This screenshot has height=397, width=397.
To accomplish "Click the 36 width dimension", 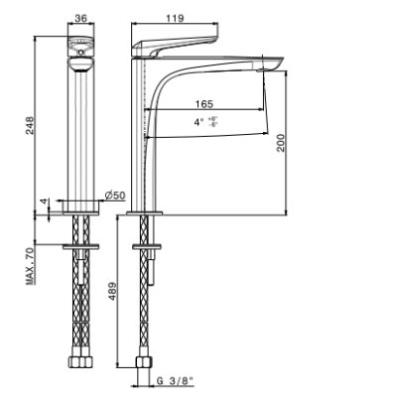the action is click(x=80, y=18).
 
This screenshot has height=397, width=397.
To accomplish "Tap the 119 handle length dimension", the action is click(x=175, y=18).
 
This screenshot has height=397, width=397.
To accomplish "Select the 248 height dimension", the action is click(x=30, y=125).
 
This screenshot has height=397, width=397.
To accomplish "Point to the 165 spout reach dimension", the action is click(x=204, y=104).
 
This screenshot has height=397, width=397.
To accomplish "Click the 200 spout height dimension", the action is click(x=281, y=143).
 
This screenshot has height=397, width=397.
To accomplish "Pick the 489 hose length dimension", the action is click(x=112, y=291).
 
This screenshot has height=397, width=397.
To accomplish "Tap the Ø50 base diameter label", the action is click(x=115, y=196).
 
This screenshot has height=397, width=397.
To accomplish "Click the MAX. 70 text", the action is click(x=30, y=266).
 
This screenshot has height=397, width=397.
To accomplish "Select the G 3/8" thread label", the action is click(x=175, y=381).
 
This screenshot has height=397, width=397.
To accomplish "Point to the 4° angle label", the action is click(x=198, y=122).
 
